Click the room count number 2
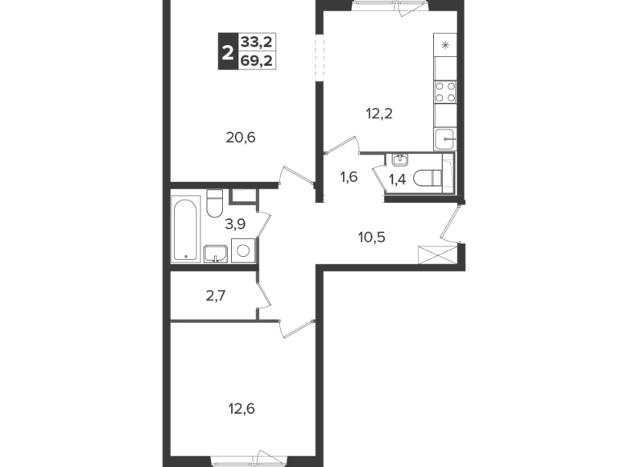[x=227, y=52]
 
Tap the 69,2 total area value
[x=258, y=60]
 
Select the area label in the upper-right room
[x=378, y=114]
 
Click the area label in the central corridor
[x=370, y=234]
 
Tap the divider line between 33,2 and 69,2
[x=258, y=52]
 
